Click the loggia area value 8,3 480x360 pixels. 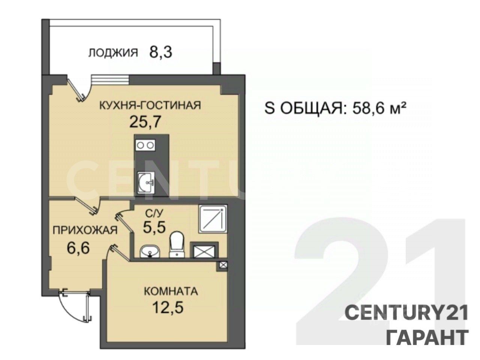(x=160, y=52)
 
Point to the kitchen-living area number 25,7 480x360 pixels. (x=145, y=122)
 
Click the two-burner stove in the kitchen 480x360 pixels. (x=145, y=145)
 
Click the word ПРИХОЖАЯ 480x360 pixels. (x=85, y=230)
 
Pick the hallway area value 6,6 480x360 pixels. (x=78, y=248)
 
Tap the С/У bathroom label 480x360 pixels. (x=154, y=213)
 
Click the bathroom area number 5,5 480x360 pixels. (x=154, y=227)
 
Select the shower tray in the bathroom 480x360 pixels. (x=213, y=219)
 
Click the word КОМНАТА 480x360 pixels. (x=171, y=292)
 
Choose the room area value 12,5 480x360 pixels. (x=168, y=307)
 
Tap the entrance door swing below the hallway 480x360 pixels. (x=75, y=307)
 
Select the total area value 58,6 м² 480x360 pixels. (x=377, y=108)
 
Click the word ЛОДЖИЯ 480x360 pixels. (x=113, y=53)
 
